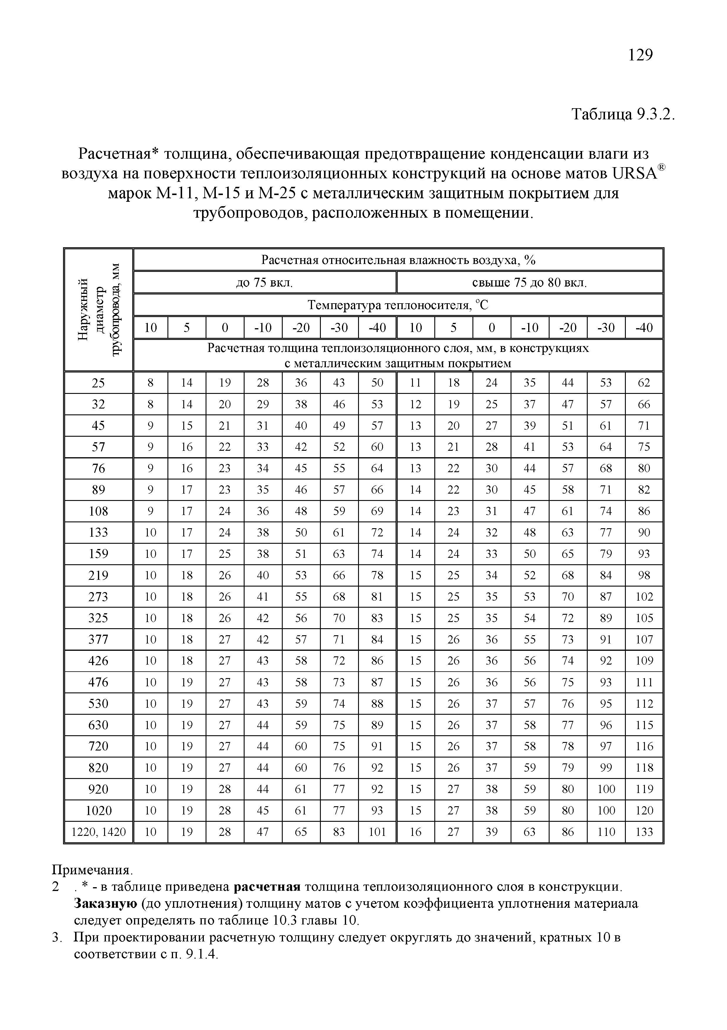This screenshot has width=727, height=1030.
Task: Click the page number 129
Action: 640,55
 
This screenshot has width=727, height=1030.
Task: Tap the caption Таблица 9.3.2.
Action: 623,115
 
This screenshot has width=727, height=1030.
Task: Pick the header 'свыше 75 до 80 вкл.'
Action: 529,283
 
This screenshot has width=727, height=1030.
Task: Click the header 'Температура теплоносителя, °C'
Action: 398,306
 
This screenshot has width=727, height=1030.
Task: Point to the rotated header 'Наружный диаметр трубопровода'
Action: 99,309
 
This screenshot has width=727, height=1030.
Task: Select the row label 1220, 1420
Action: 99,832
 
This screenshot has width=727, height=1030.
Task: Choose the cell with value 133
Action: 644,832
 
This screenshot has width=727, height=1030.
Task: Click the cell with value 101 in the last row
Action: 377,832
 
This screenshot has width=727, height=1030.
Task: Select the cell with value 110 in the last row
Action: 606,832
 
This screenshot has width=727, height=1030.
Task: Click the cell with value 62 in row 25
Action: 644,383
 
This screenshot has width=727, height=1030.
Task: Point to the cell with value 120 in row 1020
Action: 644,811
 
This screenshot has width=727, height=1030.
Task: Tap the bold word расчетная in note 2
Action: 267,887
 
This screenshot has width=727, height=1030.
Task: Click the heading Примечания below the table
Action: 92,870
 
